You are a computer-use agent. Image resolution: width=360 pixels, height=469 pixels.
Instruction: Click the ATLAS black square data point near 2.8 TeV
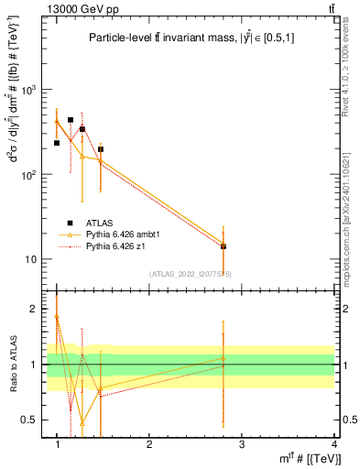(x=224, y=246)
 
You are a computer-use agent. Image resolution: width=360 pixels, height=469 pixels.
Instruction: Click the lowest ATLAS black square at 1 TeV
(x=57, y=143)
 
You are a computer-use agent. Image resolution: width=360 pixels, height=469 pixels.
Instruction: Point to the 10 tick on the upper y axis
(x=35, y=259)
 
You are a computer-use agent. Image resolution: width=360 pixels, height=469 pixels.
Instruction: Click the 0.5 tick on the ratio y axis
(x=33, y=420)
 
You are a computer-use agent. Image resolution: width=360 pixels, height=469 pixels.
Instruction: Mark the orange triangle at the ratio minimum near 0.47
(x=82, y=423)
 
